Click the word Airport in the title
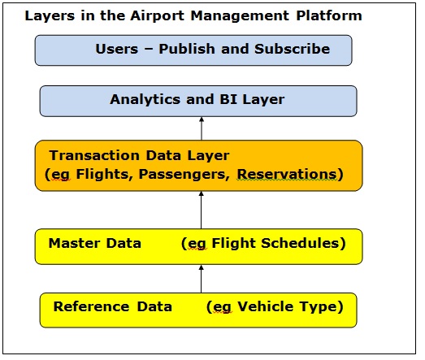(x=158, y=15)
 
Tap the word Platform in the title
(x=329, y=15)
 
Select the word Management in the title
(x=240, y=16)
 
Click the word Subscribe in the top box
(x=293, y=49)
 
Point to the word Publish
(x=187, y=49)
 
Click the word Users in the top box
(x=117, y=50)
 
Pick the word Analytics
(x=145, y=99)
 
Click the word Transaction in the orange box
(x=94, y=155)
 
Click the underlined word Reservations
(x=287, y=174)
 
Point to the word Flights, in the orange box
(x=104, y=174)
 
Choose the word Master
(x=74, y=243)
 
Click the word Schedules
(x=300, y=243)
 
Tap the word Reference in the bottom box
(x=91, y=306)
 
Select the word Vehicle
(x=266, y=306)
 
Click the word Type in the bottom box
(x=318, y=307)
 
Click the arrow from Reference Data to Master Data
(x=201, y=279)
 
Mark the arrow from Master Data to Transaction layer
(x=201, y=210)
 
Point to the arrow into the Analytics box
(x=202, y=128)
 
